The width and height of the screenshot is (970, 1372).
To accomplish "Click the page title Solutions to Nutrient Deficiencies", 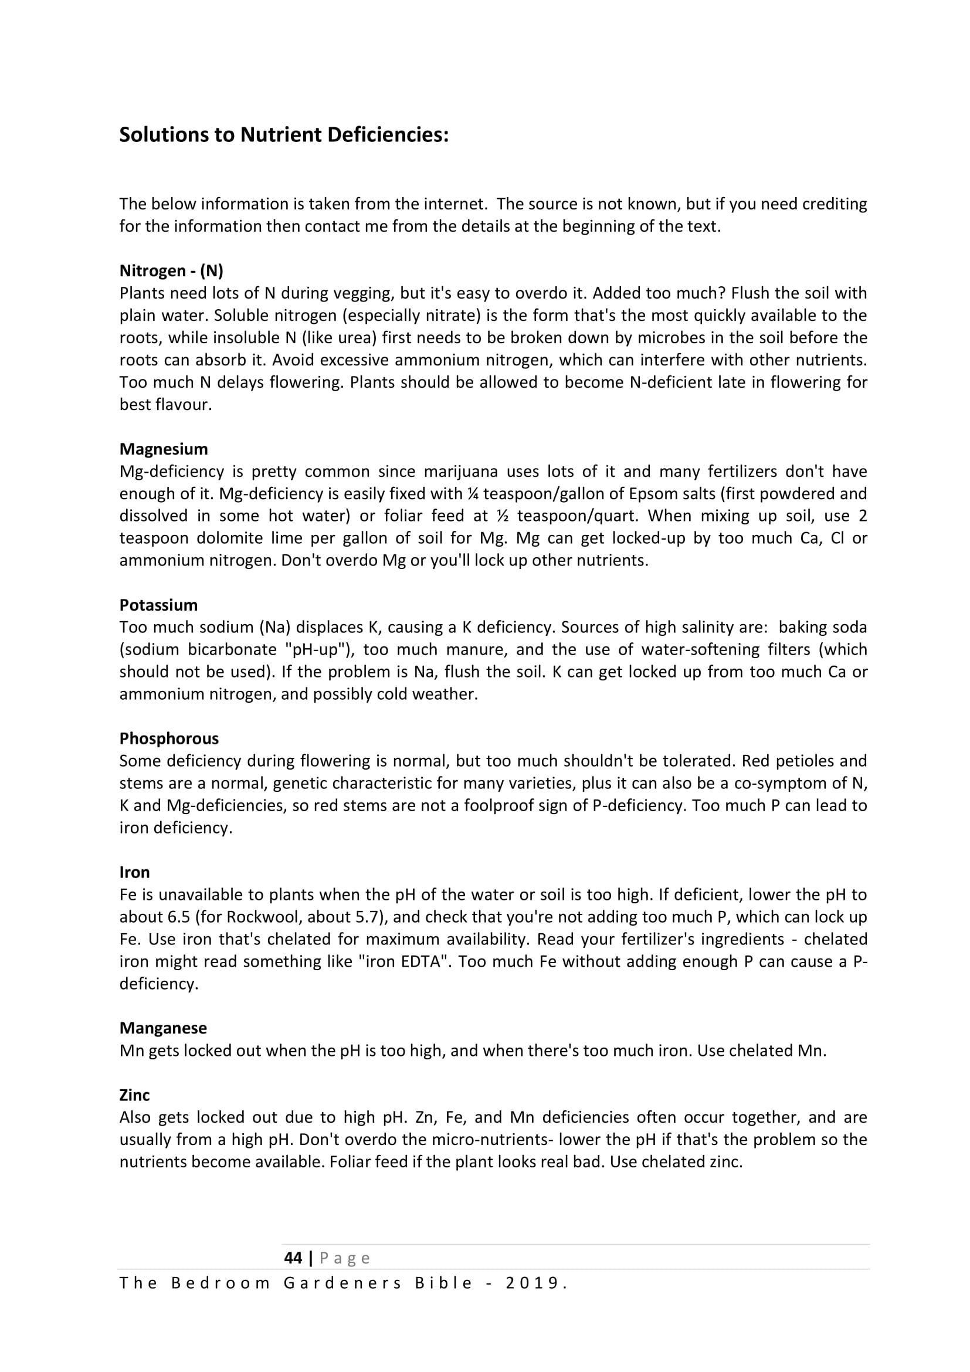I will (x=284, y=135).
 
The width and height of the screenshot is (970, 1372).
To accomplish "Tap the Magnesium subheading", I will (x=164, y=449).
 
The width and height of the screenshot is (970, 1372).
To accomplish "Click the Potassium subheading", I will (x=158, y=605).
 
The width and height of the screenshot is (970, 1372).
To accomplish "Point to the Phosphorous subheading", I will (x=169, y=738).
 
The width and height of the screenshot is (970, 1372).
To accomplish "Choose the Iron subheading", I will (x=134, y=872).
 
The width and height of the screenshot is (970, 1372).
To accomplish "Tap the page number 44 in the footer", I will (x=293, y=1258).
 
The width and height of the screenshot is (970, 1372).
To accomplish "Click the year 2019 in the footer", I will (x=531, y=1283).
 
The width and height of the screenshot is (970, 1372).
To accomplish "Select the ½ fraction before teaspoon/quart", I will (x=503, y=516).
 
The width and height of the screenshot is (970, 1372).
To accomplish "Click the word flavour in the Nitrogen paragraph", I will (x=183, y=405).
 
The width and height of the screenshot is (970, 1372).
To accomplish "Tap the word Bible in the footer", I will (x=444, y=1283).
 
